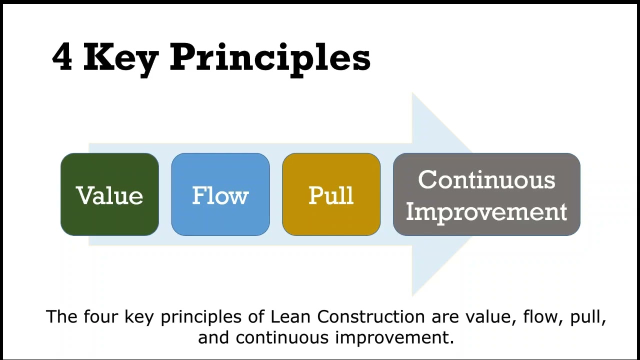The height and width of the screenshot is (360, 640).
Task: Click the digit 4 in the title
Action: [62, 57]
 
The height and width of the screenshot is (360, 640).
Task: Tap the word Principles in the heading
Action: [270, 58]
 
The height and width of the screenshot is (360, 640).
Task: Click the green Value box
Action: [109, 194]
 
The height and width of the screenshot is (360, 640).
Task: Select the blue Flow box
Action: [220, 194]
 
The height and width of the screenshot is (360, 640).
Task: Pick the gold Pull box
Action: [331, 194]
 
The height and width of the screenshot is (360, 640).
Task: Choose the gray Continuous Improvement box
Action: [486, 194]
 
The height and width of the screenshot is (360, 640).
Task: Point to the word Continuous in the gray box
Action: [486, 179]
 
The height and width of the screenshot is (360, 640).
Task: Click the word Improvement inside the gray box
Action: [486, 211]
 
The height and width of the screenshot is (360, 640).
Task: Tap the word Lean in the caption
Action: [291, 317]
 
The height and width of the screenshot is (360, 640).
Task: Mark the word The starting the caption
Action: [62, 317]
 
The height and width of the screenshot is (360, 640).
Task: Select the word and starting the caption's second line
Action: [214, 337]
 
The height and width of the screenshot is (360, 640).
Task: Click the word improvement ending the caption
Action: [394, 338]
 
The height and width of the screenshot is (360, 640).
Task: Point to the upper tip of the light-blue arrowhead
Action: [413, 94]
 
